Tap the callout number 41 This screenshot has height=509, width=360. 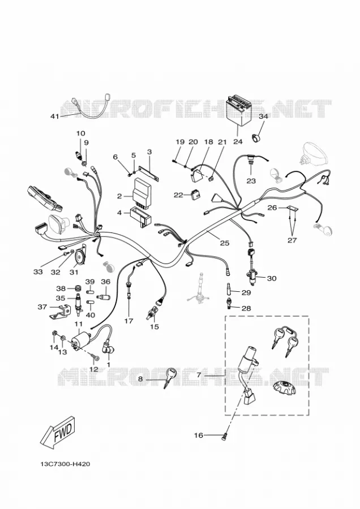55,116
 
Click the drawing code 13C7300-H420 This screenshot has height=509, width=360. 65,464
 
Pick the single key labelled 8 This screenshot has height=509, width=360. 170,376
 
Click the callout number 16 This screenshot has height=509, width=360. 198,435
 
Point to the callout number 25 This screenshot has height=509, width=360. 225,243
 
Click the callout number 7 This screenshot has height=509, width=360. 199,375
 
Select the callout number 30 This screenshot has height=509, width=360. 272,278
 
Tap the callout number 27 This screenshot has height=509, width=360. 292,240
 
